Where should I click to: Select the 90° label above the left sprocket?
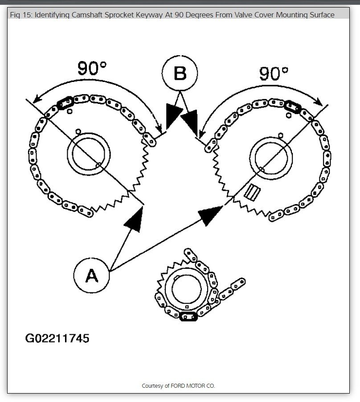pos(92,68)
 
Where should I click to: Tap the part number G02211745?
pos(57,338)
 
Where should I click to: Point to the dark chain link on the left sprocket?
pos(65,103)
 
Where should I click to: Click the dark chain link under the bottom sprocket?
pos(188,317)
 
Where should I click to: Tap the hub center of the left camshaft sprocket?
pos(89,153)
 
